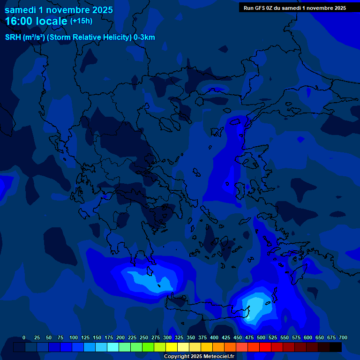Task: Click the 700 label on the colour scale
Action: (x=343, y=337)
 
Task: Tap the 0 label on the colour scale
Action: (x=24, y=337)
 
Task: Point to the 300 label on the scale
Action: (x=167, y=337)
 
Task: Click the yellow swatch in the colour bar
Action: (x=172, y=347)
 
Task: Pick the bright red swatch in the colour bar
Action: (x=265, y=347)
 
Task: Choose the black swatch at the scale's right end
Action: (x=336, y=347)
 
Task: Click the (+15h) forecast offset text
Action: (x=81, y=21)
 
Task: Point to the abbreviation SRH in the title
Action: (x=13, y=37)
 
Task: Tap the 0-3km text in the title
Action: (x=144, y=37)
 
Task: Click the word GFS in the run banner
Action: (x=261, y=8)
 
